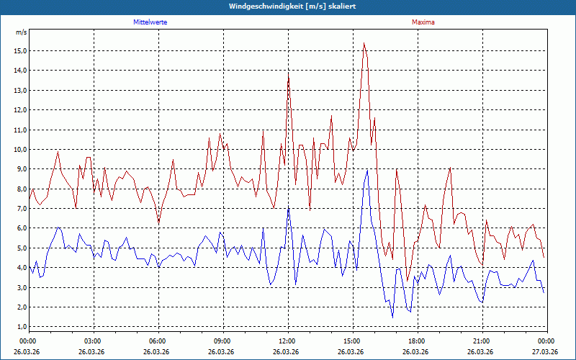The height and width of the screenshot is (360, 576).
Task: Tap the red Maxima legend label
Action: (423, 22)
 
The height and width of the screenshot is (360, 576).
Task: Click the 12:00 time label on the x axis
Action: (287, 341)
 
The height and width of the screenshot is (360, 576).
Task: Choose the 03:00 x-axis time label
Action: (93, 341)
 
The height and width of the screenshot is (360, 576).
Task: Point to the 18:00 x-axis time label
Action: (417, 341)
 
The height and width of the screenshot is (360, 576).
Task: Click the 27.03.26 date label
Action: (546, 351)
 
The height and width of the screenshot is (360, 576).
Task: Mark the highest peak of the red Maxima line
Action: (364, 43)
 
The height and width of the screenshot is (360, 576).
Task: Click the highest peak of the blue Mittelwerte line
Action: (367, 171)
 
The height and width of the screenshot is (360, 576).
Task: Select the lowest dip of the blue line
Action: (392, 317)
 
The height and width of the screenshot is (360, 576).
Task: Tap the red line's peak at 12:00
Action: (289, 73)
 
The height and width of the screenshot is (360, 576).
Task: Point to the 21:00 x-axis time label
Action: (482, 341)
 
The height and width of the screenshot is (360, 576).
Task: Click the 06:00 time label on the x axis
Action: (158, 341)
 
